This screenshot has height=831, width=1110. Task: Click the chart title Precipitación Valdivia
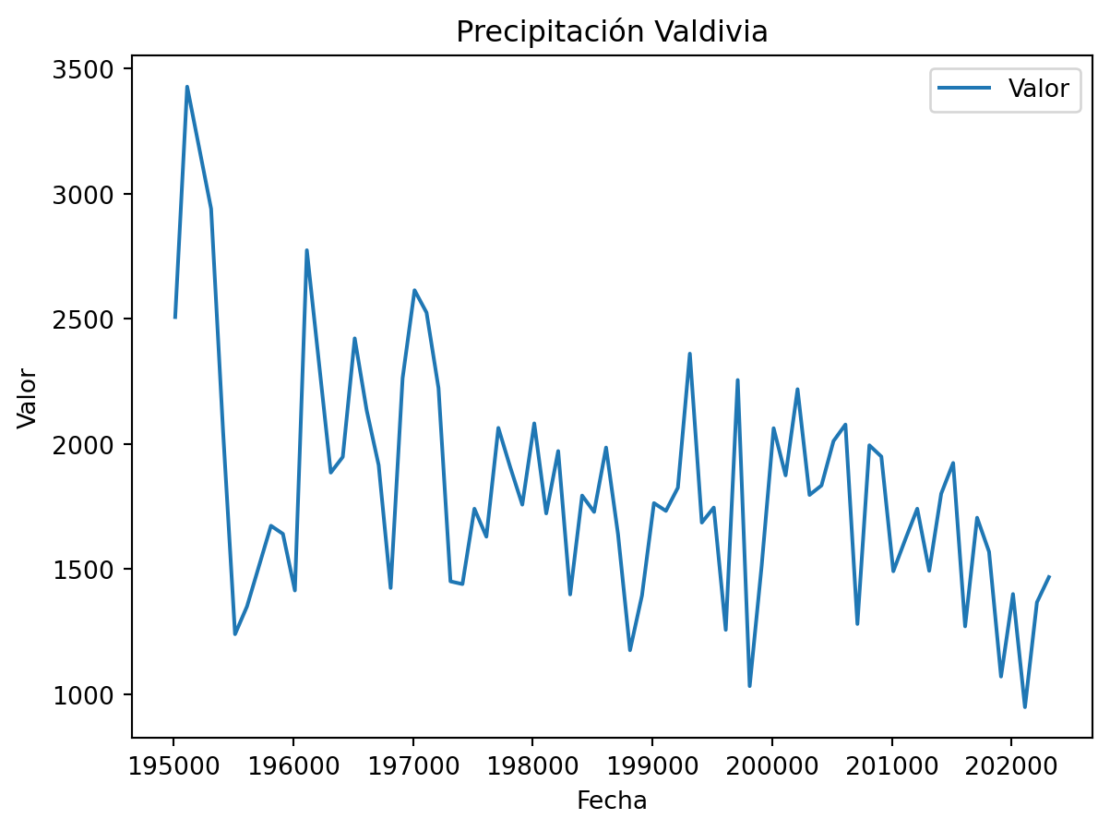[x=612, y=31]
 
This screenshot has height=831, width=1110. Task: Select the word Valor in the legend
[x=1038, y=89]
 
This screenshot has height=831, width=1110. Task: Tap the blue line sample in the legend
[x=964, y=89]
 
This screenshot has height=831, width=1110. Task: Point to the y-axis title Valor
[x=28, y=398]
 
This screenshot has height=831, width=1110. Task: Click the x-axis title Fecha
[x=612, y=801]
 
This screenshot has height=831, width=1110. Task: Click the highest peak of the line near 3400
[x=186, y=87]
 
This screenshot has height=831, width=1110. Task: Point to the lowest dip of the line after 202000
[x=1024, y=707]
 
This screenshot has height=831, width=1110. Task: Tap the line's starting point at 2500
[x=174, y=318]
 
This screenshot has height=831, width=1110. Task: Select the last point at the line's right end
[x=1049, y=576]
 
